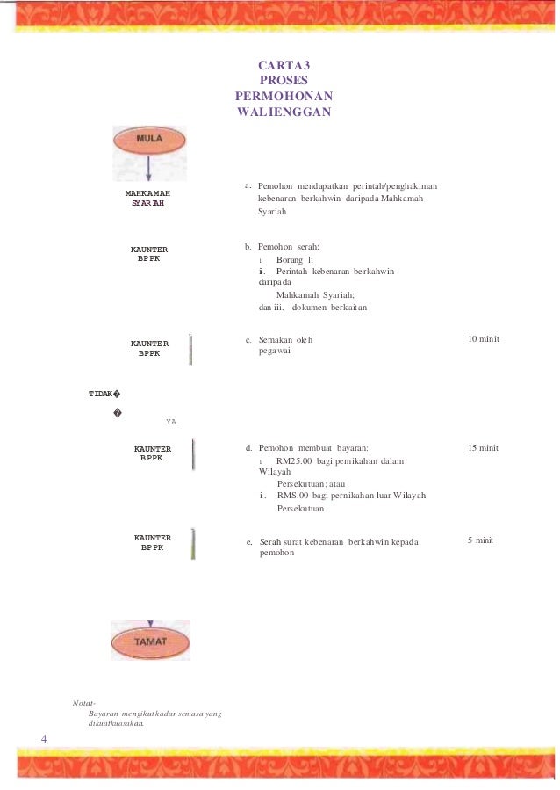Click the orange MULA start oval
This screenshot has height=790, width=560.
coord(149,140)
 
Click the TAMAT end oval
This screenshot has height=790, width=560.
coord(150,641)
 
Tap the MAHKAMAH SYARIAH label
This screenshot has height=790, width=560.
coord(147,198)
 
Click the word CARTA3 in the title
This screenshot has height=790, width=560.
coord(283,65)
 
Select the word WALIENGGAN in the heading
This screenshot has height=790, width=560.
coord(284,112)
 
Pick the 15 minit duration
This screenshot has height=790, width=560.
coord(483,448)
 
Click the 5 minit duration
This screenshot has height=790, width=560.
coord(480,540)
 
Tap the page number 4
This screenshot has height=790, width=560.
coord(44,737)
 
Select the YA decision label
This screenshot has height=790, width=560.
coord(171,423)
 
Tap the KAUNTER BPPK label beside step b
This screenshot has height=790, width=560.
coord(149,254)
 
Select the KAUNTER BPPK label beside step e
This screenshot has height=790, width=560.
coord(152,542)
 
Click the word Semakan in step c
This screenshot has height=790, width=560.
coord(276,339)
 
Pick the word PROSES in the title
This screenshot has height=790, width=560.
coord(284,80)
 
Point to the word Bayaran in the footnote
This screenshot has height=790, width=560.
coord(105,713)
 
